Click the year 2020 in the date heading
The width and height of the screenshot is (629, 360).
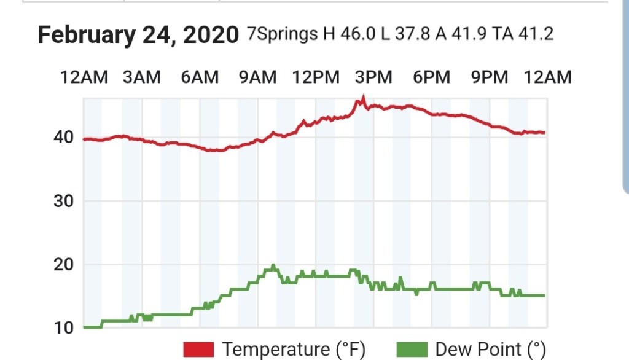pyautogui.click(x=208, y=35)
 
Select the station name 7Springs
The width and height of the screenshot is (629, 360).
pyautogui.click(x=283, y=34)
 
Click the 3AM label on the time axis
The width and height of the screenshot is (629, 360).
pyautogui.click(x=142, y=77)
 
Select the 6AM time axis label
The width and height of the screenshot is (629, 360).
pyautogui.click(x=200, y=77)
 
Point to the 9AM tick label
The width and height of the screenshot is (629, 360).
pyautogui.click(x=257, y=77)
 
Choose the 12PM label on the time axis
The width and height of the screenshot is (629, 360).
pyautogui.click(x=316, y=77)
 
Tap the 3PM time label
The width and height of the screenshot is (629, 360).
pyautogui.click(x=373, y=77)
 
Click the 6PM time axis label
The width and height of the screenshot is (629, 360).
pyautogui.click(x=431, y=77)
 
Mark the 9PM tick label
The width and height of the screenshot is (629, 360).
pyautogui.click(x=490, y=77)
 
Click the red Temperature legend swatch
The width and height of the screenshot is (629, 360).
pyautogui.click(x=198, y=350)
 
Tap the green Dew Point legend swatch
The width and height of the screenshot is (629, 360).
pyautogui.click(x=412, y=350)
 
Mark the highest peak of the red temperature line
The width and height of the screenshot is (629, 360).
pyautogui.click(x=364, y=97)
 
